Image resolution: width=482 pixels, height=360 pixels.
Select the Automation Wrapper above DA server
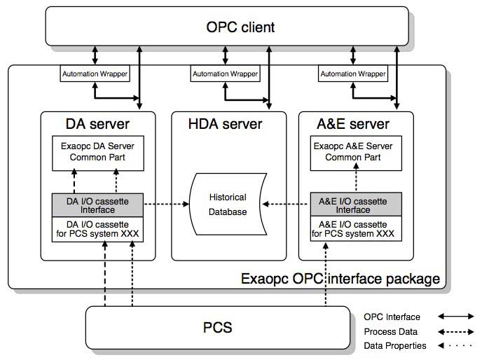coord(95,74)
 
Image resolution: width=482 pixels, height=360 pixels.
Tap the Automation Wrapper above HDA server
coord(224,74)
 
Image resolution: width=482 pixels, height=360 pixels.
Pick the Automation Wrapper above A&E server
coord(352,74)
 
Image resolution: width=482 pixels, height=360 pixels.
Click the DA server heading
coord(97,124)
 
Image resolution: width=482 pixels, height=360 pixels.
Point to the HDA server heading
coord(225,124)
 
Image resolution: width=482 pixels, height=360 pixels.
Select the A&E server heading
coord(353,124)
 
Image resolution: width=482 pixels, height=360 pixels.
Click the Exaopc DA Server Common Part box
coord(97,153)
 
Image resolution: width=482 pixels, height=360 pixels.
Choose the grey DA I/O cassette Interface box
coord(97,205)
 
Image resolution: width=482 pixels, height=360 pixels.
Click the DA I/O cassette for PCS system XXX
coord(97,229)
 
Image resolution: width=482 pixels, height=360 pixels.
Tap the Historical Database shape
coord(227,205)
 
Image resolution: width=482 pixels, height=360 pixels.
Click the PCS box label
coord(217,327)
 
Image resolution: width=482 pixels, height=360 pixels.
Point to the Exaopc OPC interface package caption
coord(340,279)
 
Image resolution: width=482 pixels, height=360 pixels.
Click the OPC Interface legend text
coord(392,316)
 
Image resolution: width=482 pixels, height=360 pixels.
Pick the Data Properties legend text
coord(394,345)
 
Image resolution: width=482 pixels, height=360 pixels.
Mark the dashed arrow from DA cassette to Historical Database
coord(167,205)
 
